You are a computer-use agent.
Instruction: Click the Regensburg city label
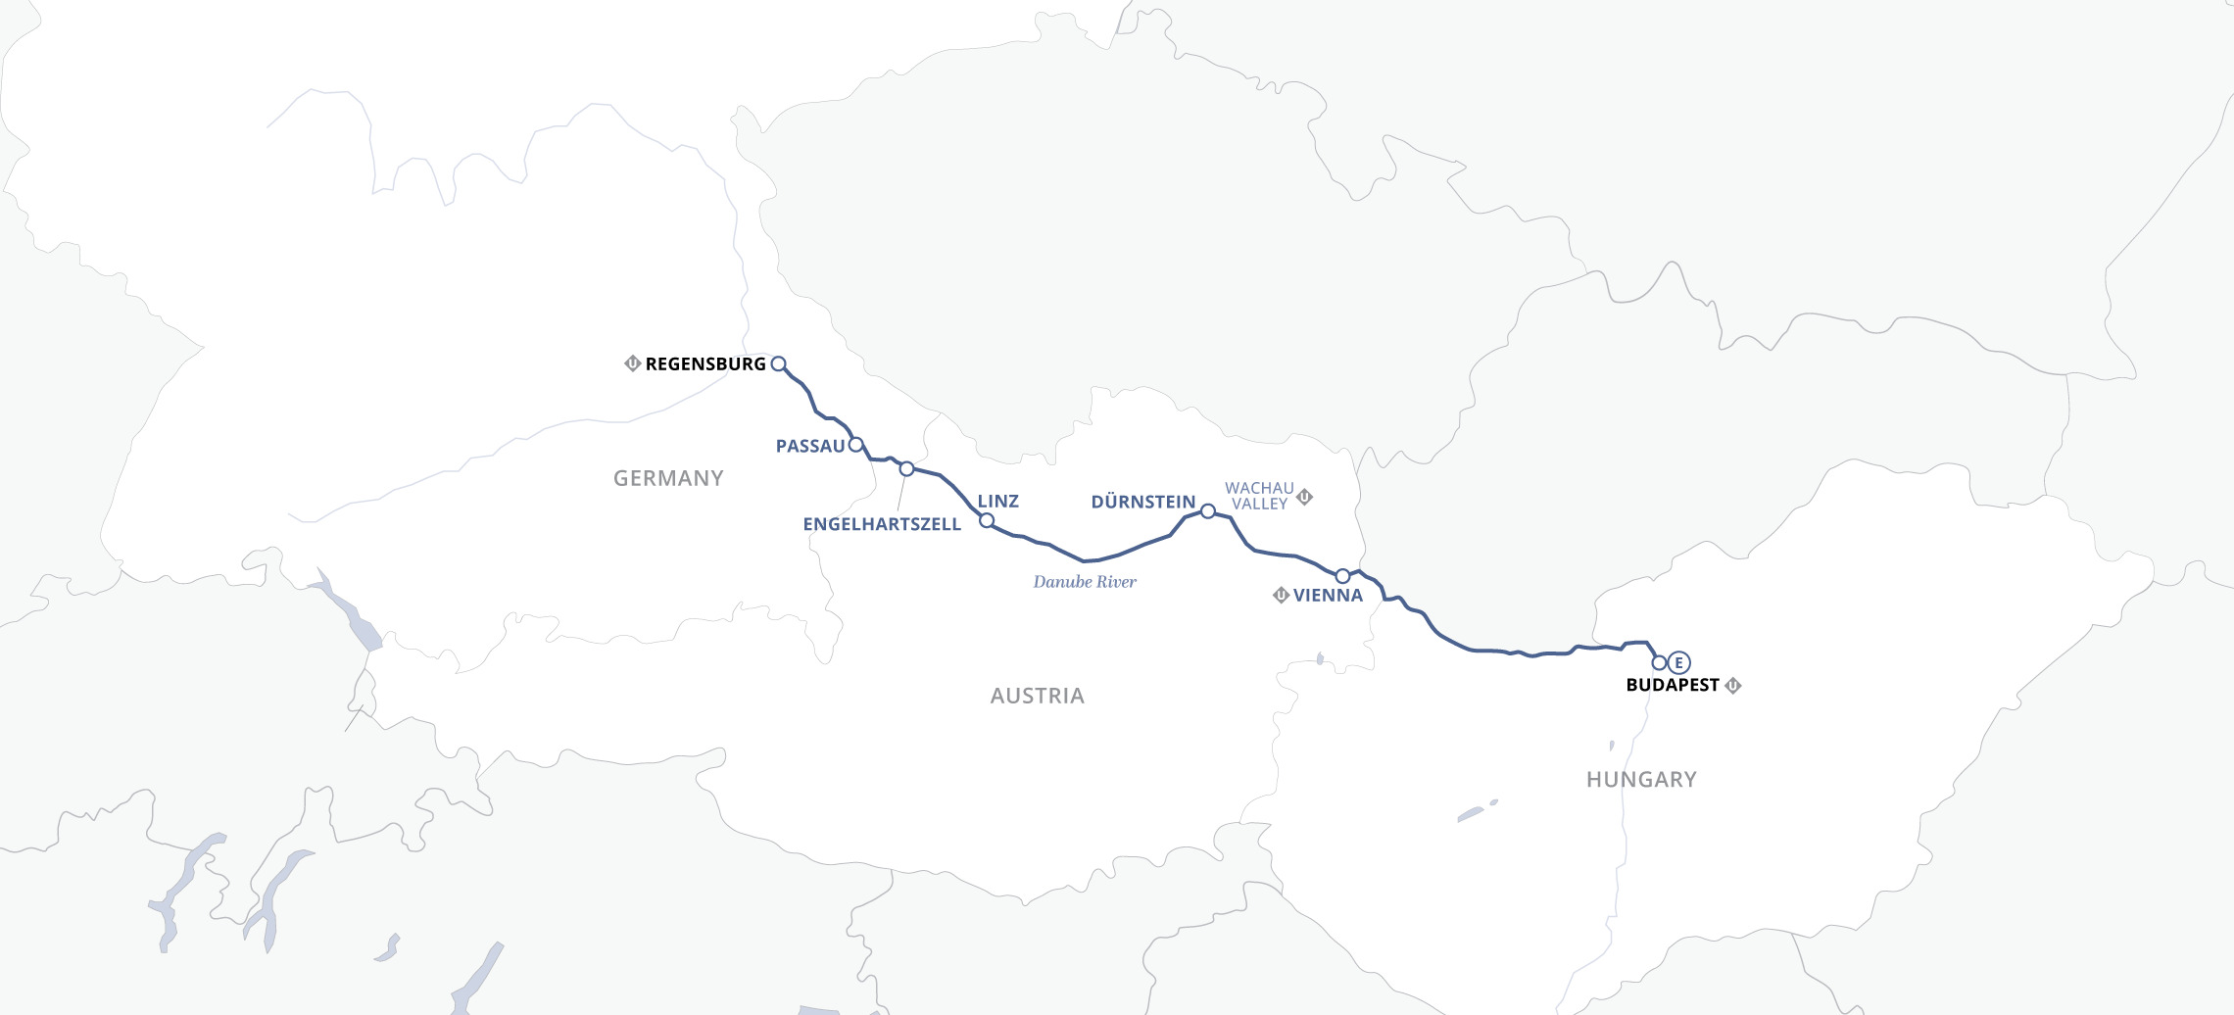pyautogui.click(x=705, y=364)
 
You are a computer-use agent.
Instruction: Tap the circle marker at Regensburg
pyautogui.click(x=778, y=363)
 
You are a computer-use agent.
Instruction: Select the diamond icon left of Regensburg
pyautogui.click(x=632, y=363)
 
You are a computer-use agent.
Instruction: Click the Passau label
pyautogui.click(x=809, y=447)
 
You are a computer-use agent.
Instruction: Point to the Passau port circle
pyautogui.click(x=855, y=445)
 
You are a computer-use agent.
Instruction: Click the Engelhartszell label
pyautogui.click(x=882, y=525)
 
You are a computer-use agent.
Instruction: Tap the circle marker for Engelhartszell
pyautogui.click(x=906, y=469)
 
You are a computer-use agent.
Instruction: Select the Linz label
pyautogui.click(x=998, y=502)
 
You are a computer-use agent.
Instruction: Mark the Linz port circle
pyautogui.click(x=987, y=520)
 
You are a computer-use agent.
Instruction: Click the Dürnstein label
pyautogui.click(x=1142, y=503)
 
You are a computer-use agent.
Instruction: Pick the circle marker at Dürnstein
pyautogui.click(x=1208, y=511)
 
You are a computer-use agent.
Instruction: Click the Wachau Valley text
pyautogui.click(x=1259, y=496)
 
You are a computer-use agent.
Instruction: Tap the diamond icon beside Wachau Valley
pyautogui.click(x=1304, y=497)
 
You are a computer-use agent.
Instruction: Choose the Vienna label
pyautogui.click(x=1328, y=596)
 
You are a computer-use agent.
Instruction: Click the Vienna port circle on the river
pyautogui.click(x=1342, y=576)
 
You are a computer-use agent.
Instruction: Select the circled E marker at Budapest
pyautogui.click(x=1678, y=663)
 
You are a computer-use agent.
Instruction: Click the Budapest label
pyautogui.click(x=1673, y=686)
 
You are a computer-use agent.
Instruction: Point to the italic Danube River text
pyautogui.click(x=1085, y=582)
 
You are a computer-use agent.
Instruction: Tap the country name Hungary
pyautogui.click(x=1641, y=780)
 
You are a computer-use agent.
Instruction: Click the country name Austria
pyautogui.click(x=1037, y=697)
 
